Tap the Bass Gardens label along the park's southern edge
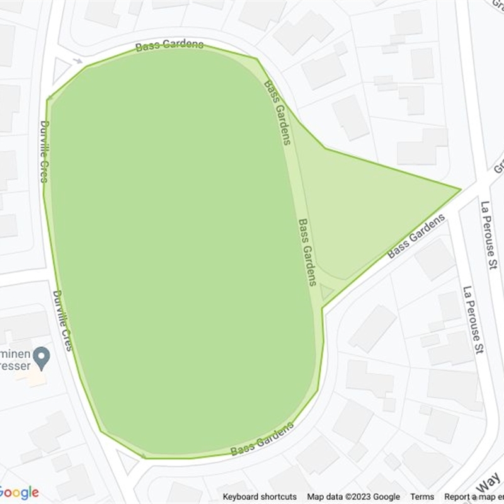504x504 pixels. click(x=262, y=439)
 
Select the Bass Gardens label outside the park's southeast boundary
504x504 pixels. click(x=416, y=236)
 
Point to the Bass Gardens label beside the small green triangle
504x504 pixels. click(x=307, y=252)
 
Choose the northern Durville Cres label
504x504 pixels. click(x=44, y=151)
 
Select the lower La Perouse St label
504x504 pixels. click(x=472, y=319)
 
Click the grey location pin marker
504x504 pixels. click(x=42, y=358)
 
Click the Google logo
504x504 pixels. click(x=19, y=492)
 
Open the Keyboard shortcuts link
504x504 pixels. click(x=260, y=497)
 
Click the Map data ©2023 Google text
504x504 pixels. click(x=353, y=497)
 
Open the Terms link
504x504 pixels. click(x=422, y=497)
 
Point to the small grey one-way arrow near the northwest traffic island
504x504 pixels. click(x=77, y=61)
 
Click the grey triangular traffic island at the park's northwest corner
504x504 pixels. click(x=60, y=70)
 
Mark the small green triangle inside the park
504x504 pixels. click(x=326, y=292)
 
